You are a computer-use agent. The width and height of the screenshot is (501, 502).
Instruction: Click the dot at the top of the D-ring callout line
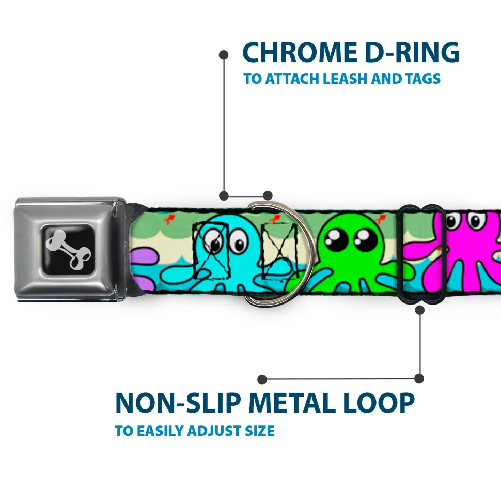pos(224,54)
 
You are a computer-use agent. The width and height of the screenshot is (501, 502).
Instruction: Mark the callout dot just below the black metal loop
pos(419,310)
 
